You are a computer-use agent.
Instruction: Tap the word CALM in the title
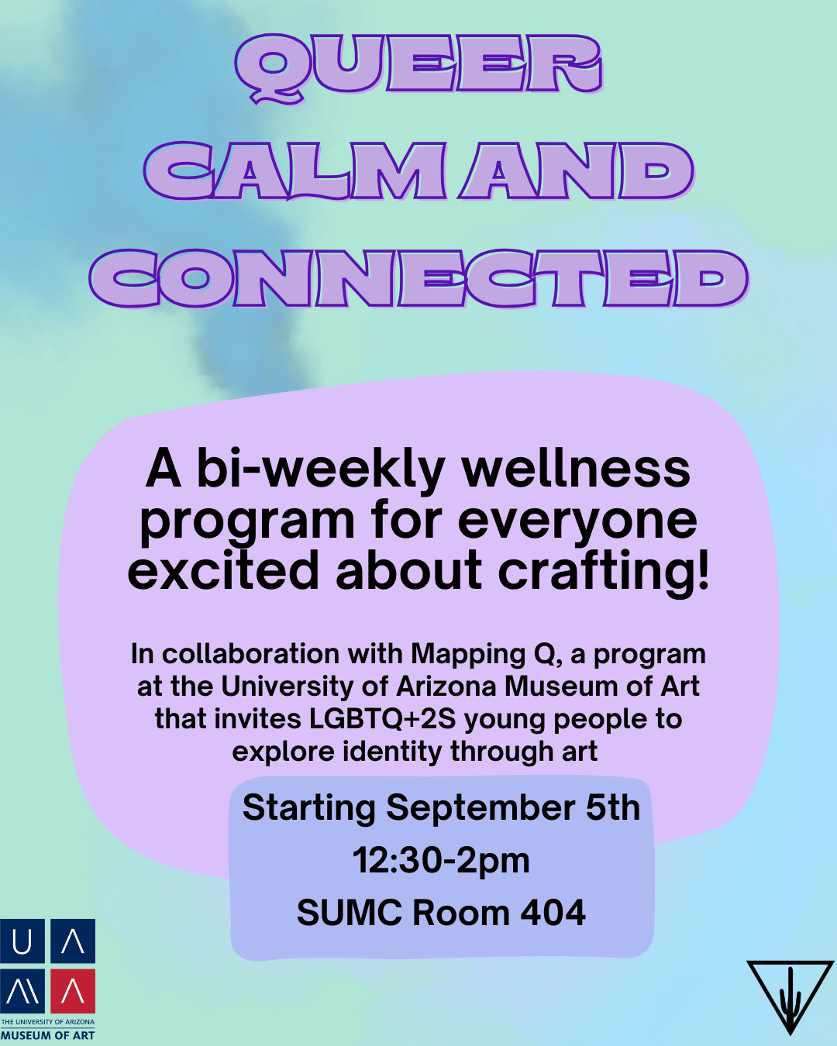point(295,170)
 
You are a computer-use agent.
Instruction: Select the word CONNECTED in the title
point(418,278)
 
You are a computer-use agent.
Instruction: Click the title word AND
point(577,170)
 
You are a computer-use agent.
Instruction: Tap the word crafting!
point(603,572)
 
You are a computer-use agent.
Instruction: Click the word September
point(481,809)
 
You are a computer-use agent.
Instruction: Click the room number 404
point(553,913)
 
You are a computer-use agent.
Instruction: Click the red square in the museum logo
point(73,991)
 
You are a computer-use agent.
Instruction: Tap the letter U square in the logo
point(22,941)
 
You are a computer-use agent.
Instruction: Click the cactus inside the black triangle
point(790,1001)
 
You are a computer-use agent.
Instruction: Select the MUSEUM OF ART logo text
point(47,1035)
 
